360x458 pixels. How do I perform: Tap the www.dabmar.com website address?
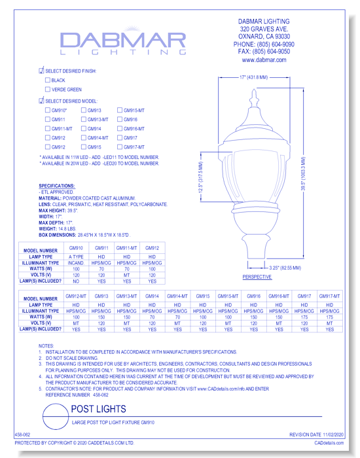point(264,60)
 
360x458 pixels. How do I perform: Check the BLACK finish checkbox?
point(48,80)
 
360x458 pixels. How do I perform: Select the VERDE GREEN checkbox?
point(48,90)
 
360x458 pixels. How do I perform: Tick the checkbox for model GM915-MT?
point(120,111)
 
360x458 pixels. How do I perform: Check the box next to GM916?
point(120,120)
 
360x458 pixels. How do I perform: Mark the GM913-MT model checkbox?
point(84,120)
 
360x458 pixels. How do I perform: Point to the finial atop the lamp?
point(254,101)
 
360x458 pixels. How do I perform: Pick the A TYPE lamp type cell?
point(77,258)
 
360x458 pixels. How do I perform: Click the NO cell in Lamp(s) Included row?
point(77,280)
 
